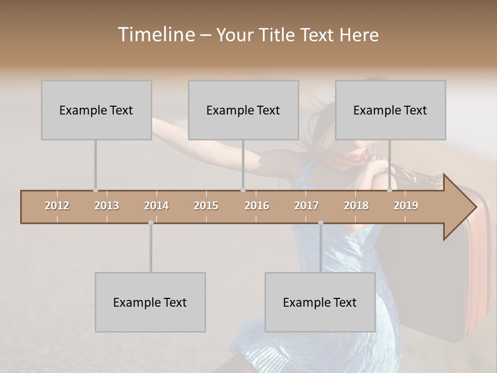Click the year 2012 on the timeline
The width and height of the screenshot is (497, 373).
[x=57, y=206]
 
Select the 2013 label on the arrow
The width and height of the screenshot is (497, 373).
[x=107, y=206]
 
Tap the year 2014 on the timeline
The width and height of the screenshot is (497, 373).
[x=156, y=206]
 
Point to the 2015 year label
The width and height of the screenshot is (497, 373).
[x=206, y=206]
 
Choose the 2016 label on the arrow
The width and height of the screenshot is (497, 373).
[x=257, y=206]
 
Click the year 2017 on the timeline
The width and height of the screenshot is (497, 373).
[x=306, y=206]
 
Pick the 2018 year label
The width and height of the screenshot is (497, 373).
[x=356, y=206]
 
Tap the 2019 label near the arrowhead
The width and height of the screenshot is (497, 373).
[x=406, y=206]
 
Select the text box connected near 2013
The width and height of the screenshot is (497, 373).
[x=96, y=110]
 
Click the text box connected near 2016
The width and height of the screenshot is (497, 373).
[x=243, y=110]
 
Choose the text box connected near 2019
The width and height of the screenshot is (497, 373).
[x=390, y=110]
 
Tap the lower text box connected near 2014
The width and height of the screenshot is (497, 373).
[x=150, y=302]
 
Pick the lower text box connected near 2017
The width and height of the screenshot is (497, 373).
[x=320, y=302]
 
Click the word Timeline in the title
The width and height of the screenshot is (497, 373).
[x=156, y=35]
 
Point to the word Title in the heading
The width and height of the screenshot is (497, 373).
[x=278, y=35]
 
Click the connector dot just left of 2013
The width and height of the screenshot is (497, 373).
[x=95, y=190]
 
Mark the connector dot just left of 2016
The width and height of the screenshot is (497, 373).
[x=243, y=190]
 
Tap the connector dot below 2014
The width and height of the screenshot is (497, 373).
[x=151, y=223]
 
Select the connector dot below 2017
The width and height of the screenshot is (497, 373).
[x=320, y=223]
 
